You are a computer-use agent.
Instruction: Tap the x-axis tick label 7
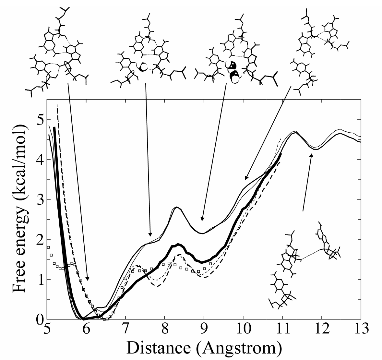126,329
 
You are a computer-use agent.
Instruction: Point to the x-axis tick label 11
282,329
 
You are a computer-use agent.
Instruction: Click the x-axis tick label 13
361,329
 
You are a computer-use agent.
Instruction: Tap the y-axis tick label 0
39,319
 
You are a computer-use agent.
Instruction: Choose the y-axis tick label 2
39,239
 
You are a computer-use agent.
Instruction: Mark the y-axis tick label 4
39,160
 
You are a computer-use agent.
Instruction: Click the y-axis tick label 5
39,120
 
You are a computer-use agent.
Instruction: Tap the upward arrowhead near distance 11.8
312,156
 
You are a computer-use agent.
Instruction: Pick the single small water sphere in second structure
142,67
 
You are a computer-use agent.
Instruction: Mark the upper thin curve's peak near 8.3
177,207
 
